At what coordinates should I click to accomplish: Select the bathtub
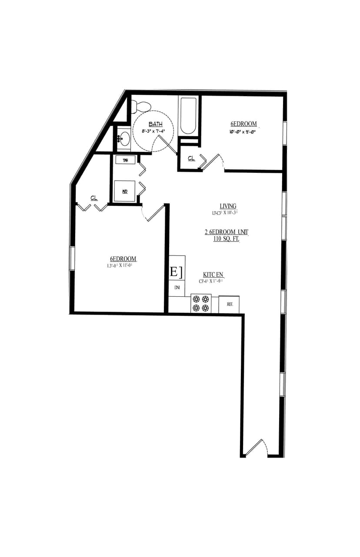[x=188, y=115]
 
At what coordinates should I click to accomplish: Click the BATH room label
[x=155, y=124]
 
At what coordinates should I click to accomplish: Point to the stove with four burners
[x=201, y=304]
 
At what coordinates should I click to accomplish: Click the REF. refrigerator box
[x=229, y=304]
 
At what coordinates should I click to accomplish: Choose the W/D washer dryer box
[x=125, y=191]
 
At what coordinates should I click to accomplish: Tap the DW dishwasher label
[x=177, y=288]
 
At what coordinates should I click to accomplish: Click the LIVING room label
[x=228, y=206]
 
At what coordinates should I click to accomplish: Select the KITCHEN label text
[x=213, y=275]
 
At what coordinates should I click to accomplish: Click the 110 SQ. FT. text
[x=226, y=239]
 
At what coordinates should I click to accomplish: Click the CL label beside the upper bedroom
[x=191, y=158]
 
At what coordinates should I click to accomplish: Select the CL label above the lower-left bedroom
[x=94, y=198]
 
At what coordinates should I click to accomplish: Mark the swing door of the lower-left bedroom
[x=154, y=213]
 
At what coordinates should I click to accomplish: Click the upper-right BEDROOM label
[x=243, y=124]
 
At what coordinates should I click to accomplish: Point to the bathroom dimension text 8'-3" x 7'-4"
[x=153, y=131]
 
